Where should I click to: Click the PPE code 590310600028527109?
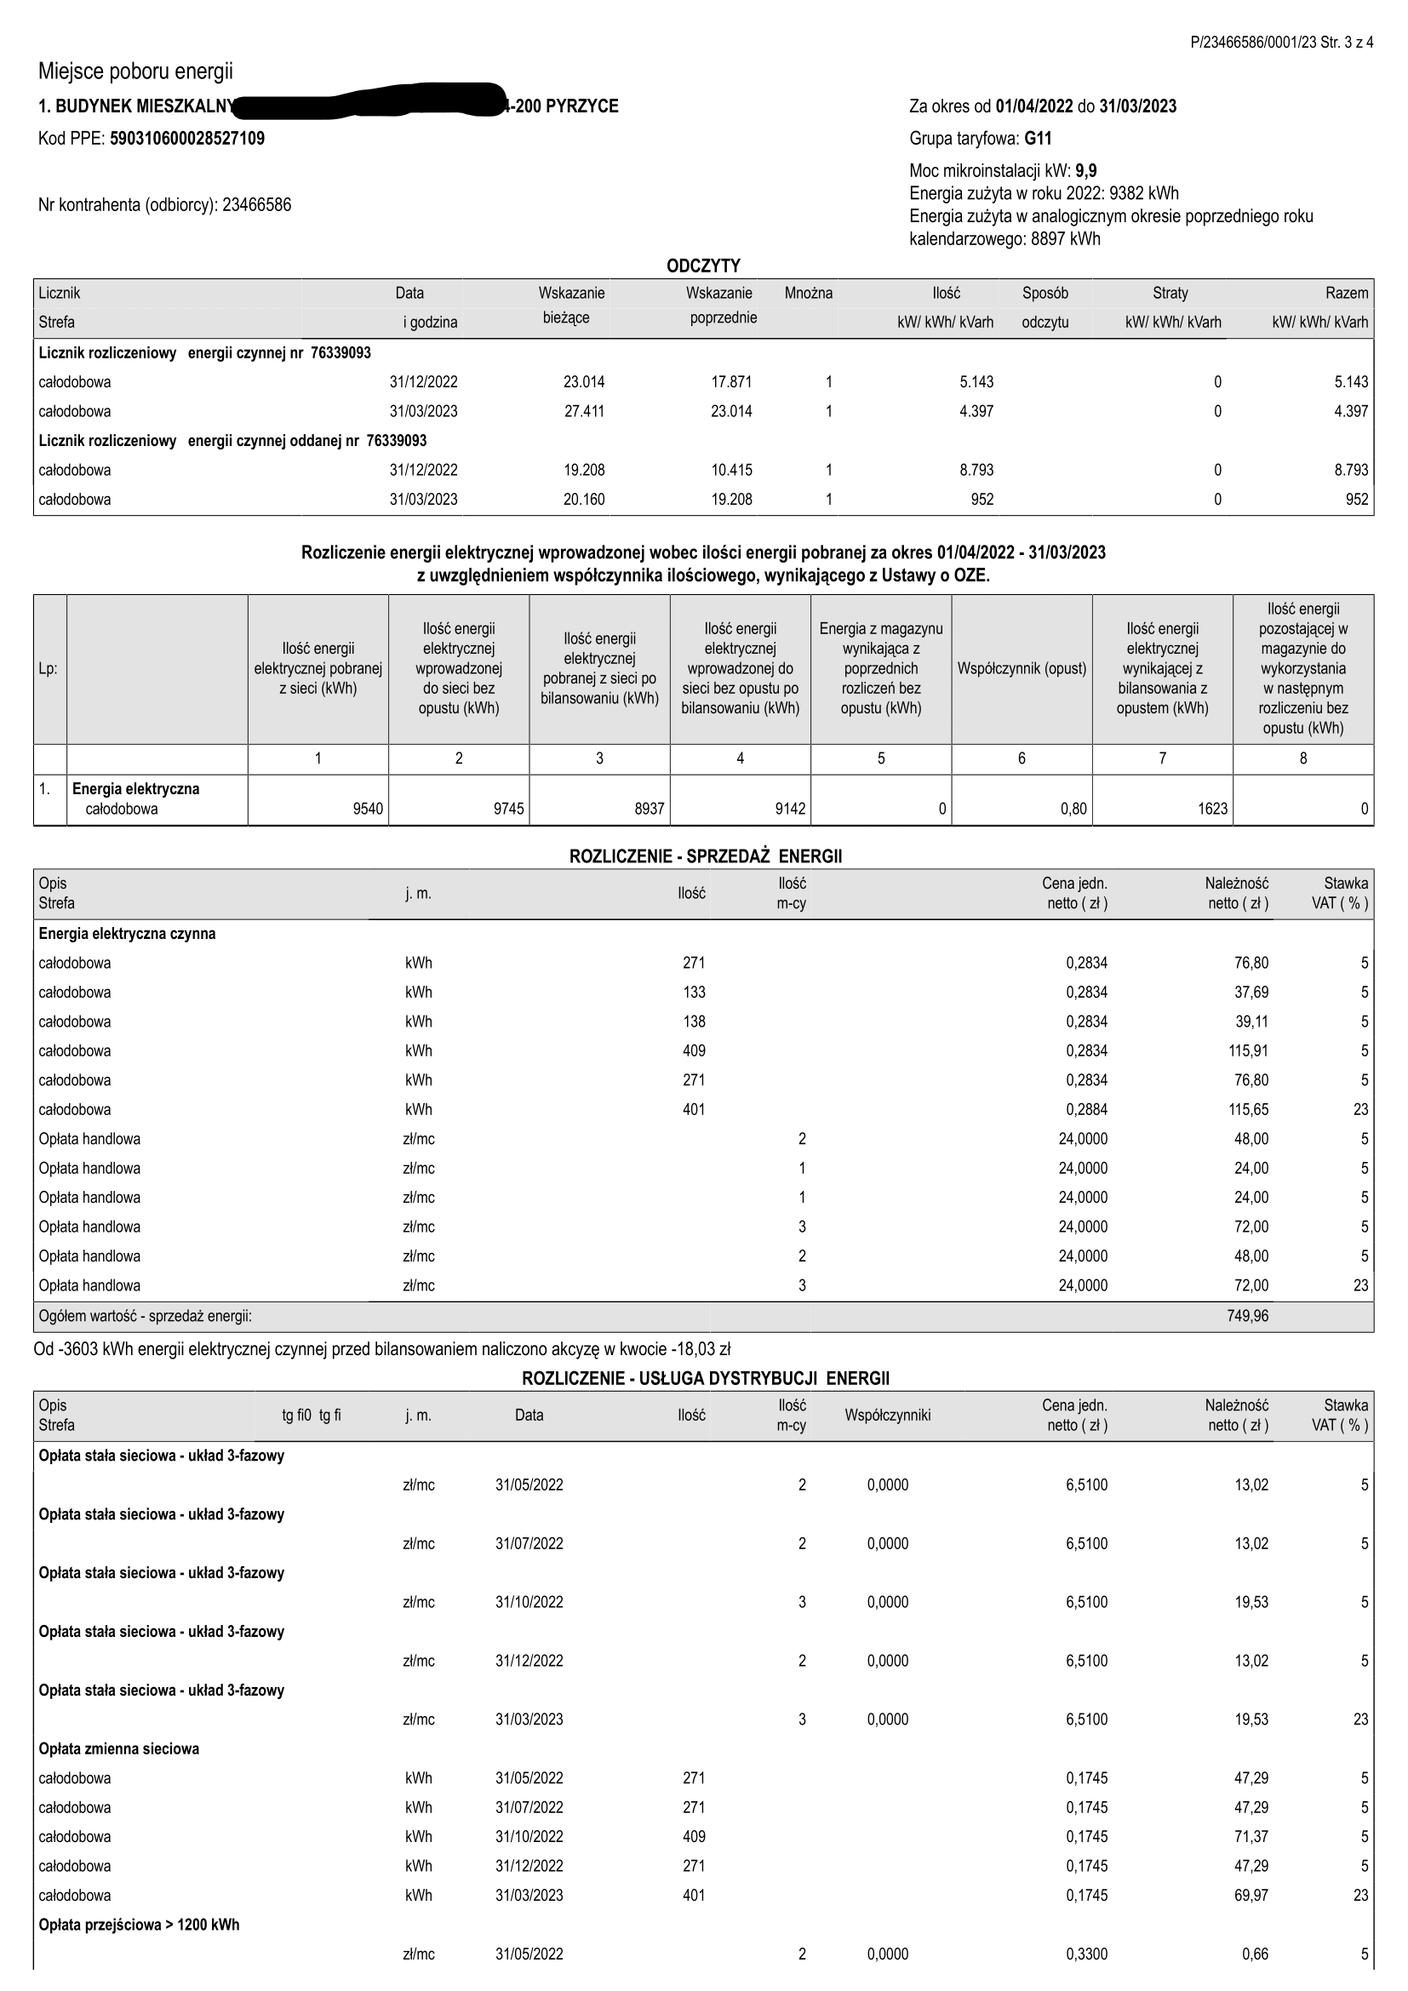[187, 139]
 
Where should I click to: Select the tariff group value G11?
[1038, 139]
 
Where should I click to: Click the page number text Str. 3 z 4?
[1347, 43]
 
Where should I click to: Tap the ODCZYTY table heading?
[703, 266]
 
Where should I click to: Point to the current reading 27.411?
[583, 411]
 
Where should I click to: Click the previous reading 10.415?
[731, 470]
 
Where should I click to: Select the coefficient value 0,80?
[1073, 809]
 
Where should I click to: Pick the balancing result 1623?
[1212, 809]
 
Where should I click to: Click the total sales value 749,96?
[1248, 1315]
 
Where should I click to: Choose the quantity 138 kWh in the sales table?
[694, 1021]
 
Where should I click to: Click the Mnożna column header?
[808, 293]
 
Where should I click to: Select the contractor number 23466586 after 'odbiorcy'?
[256, 205]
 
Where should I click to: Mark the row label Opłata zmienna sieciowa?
[119, 1749]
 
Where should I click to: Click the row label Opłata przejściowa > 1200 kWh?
[139, 1925]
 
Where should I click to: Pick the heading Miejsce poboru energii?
[135, 72]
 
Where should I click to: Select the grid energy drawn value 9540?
[368, 809]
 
